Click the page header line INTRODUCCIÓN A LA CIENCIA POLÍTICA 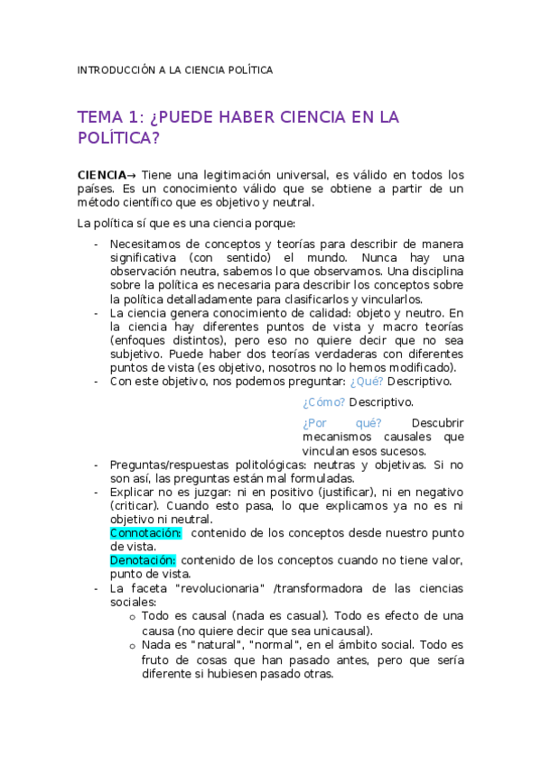(x=174, y=69)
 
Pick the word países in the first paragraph (x=96, y=189)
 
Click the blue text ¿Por (x=314, y=423)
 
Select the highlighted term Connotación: (x=145, y=533)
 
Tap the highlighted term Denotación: (x=143, y=560)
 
